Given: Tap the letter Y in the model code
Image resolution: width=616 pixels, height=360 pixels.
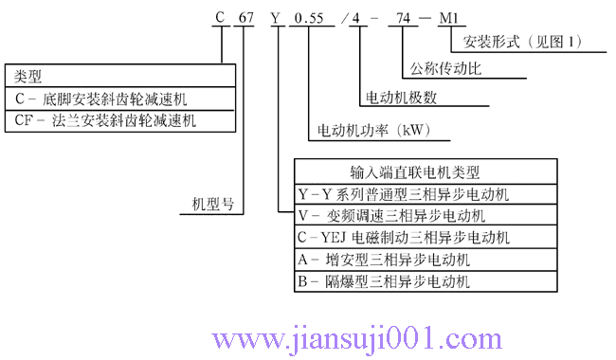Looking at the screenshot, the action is [276, 17].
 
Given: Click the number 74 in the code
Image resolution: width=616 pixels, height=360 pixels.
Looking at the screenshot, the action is [407, 17].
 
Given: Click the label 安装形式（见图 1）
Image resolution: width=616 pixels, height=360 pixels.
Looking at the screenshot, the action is [522, 42].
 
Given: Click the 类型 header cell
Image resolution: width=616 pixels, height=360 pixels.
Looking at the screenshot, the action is [29, 76].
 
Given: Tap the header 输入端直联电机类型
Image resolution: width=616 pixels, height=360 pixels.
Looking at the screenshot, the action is [415, 172].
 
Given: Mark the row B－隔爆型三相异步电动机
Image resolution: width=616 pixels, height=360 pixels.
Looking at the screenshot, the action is [384, 281].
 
